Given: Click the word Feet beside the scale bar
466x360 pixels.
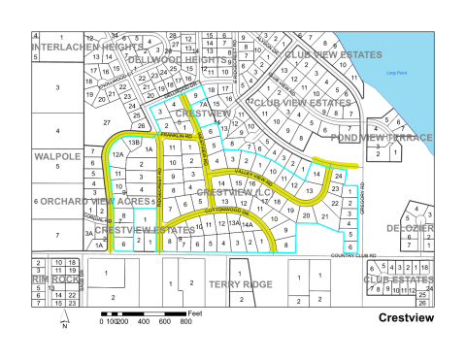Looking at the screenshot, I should (x=195, y=313).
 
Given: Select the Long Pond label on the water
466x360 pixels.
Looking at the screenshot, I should (x=395, y=73).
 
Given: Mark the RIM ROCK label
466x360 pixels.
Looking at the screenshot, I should (x=55, y=278).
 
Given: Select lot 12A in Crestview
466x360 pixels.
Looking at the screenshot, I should (x=118, y=154).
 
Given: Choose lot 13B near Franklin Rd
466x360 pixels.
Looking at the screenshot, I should (x=136, y=144).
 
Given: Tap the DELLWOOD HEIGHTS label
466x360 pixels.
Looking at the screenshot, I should (x=177, y=60).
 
